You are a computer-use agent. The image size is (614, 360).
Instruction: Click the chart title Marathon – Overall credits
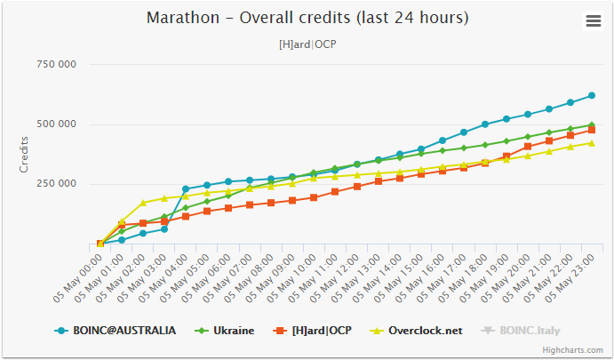point(307,19)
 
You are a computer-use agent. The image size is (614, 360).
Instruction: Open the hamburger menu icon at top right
point(593,21)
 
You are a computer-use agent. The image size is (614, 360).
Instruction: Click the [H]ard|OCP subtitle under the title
point(307,44)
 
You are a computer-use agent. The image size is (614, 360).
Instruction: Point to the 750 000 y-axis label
point(56,65)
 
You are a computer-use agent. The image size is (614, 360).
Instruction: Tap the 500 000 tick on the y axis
point(56,124)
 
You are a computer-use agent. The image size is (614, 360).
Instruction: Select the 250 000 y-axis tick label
point(56,184)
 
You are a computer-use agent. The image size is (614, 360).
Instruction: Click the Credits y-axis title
point(24,154)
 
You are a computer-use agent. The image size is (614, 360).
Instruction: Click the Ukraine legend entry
point(227,331)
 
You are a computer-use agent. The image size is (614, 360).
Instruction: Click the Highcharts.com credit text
point(572,351)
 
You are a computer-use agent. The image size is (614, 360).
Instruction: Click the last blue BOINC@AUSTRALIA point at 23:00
point(592,95)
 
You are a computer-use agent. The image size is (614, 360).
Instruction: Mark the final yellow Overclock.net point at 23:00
point(592,143)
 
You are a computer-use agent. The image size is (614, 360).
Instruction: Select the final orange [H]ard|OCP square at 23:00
point(592,130)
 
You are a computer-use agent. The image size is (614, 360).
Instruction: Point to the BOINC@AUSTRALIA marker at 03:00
point(164,229)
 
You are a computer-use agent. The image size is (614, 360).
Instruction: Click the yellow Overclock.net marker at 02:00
point(143,204)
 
